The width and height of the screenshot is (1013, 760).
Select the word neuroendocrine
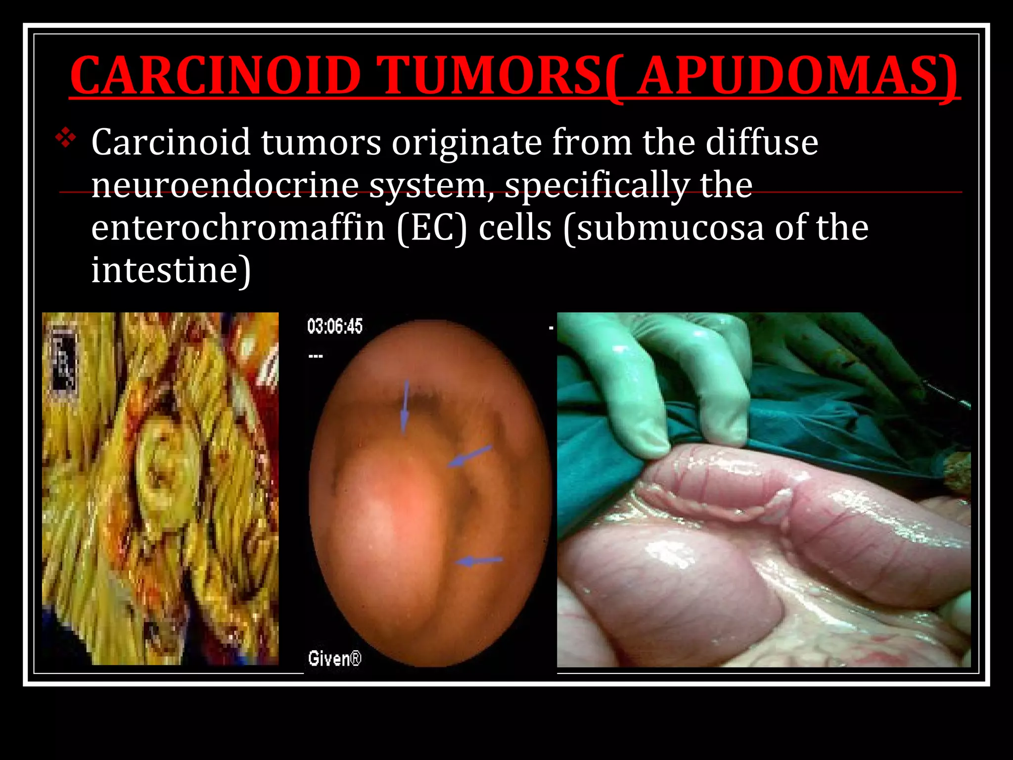click(x=225, y=185)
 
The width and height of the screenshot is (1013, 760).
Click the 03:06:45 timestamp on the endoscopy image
click(x=335, y=327)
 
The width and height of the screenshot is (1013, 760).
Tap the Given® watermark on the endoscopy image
click(x=334, y=659)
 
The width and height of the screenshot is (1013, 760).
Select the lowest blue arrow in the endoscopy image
click(x=478, y=561)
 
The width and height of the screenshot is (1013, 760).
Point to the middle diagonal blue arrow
click(x=469, y=456)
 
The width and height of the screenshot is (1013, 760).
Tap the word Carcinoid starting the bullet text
click(x=171, y=143)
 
